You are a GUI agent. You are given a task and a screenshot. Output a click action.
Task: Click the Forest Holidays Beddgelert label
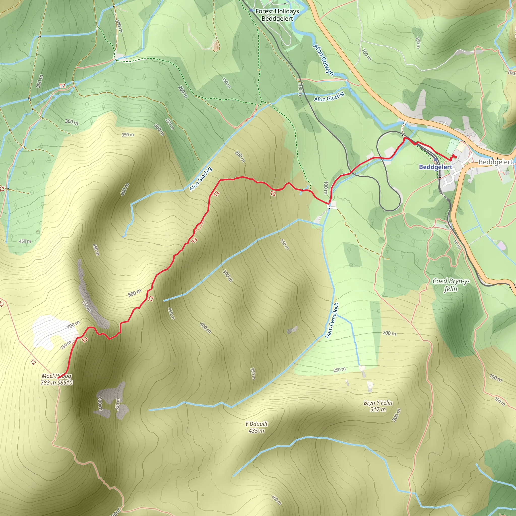point(277,15)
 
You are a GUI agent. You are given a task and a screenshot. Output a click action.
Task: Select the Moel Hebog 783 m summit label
point(56,379)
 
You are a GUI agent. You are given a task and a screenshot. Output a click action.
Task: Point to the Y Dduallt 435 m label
point(256,427)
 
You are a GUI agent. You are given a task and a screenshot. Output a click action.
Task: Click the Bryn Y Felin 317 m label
point(378,406)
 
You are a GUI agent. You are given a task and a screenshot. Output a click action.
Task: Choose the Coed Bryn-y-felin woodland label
point(450,285)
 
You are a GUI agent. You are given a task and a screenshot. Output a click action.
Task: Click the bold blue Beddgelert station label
point(435,167)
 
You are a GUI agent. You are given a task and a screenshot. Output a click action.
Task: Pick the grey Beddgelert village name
point(495,162)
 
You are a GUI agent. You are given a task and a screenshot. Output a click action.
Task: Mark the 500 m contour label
point(134,293)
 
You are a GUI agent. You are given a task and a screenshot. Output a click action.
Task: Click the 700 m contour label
point(73,325)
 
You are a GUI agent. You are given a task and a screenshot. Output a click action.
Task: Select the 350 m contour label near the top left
point(128,135)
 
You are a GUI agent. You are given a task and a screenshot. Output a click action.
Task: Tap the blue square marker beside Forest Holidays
point(251,10)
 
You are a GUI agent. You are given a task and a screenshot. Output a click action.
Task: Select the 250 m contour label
point(339,370)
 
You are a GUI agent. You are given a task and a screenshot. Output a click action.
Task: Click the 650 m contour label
point(86,306)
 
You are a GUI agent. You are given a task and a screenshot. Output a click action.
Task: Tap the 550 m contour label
point(117,404)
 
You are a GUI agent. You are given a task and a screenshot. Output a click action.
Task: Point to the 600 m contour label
point(100,404)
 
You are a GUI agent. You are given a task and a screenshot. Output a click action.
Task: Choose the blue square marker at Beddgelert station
point(436,159)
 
